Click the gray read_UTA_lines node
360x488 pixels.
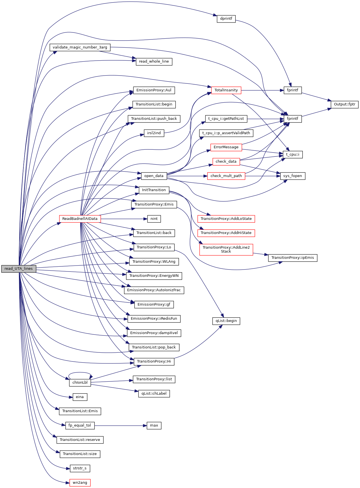coord(19,269)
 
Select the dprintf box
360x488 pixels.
coord(226,19)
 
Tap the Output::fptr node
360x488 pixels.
coord(344,104)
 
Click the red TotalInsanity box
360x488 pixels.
coord(226,90)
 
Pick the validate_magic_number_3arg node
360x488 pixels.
coord(80,47)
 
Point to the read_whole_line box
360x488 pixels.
coord(154,61)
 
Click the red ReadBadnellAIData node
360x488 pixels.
coord(80,219)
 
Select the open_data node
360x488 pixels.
coord(154,176)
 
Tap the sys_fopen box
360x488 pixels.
coord(293,176)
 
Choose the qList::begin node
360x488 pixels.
coord(226,321)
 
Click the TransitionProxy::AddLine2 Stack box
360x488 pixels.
coord(226,249)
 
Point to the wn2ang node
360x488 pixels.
coord(80,483)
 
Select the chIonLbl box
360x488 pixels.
coord(80,383)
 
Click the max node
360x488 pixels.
coord(154,425)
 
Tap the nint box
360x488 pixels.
coord(154,219)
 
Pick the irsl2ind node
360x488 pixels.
coord(154,133)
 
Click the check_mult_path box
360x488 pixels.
coord(226,176)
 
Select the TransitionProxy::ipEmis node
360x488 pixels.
coord(293,258)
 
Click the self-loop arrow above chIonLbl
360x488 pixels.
coord(80,373)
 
